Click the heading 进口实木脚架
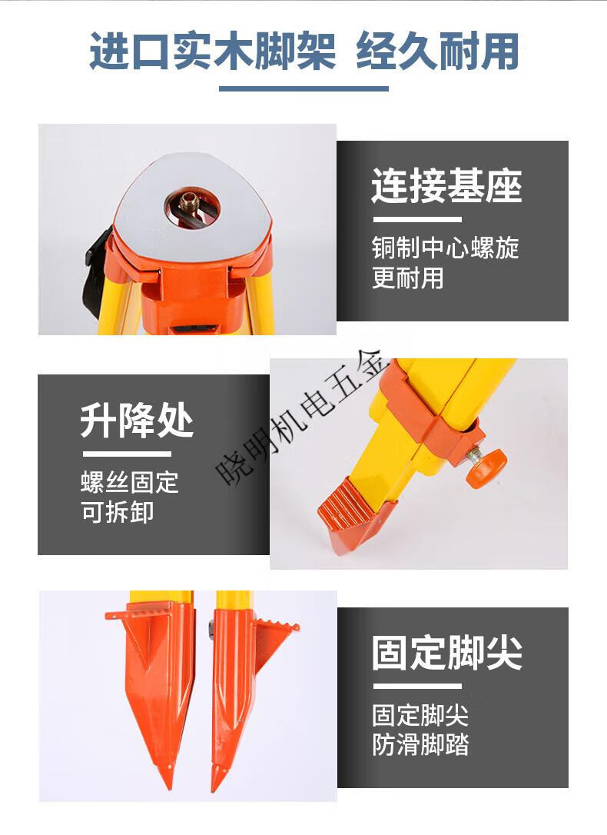[x=212, y=51]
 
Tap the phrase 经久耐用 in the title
[x=438, y=51]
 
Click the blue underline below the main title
[x=303, y=88]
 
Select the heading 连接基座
[x=446, y=185]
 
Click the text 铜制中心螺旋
[x=446, y=248]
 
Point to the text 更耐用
[x=407, y=278]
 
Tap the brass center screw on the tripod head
[x=191, y=201]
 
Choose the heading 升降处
[x=137, y=421]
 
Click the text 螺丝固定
[x=130, y=482]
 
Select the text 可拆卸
[x=118, y=512]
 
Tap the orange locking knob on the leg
[x=484, y=465]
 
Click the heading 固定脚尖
[x=446, y=652]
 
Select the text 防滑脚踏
[x=420, y=744]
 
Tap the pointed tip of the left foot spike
[x=169, y=787]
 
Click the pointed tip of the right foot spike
[x=215, y=789]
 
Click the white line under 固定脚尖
[x=416, y=687]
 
